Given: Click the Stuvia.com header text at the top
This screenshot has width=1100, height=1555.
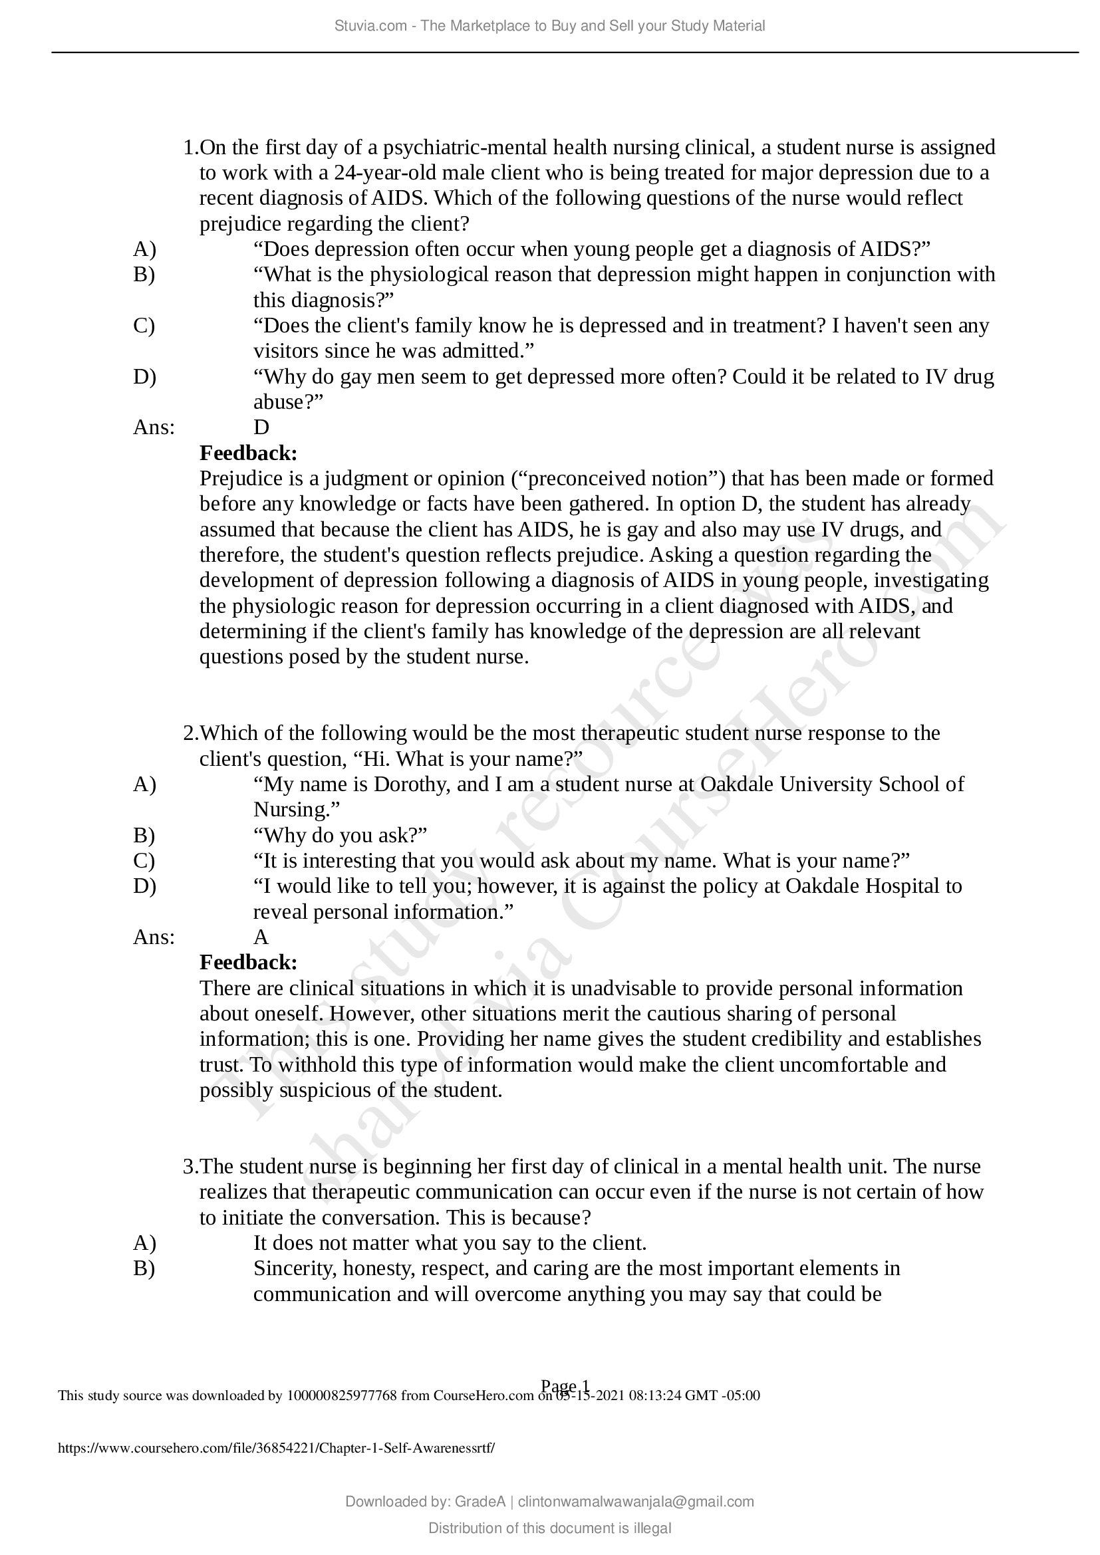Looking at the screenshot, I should [x=549, y=26].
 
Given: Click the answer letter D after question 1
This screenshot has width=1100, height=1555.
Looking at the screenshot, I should [x=261, y=427].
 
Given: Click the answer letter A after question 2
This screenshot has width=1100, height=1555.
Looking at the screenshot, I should [x=261, y=937].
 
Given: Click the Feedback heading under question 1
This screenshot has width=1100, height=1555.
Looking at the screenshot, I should [x=248, y=453].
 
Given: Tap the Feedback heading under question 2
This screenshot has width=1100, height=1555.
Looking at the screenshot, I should [x=248, y=963].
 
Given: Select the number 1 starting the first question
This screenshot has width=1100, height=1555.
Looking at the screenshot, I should [x=189, y=148].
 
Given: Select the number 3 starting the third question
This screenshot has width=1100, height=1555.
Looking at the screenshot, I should [x=189, y=1167].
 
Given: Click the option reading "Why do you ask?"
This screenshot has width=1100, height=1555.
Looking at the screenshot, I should [x=340, y=835].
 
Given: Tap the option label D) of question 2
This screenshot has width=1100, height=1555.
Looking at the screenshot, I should [x=144, y=886].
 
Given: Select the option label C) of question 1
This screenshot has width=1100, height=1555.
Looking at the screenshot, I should [x=144, y=326].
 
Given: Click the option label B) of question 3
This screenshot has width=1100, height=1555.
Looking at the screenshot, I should [x=144, y=1268].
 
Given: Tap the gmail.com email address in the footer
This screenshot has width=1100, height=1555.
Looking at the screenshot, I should [x=635, y=1502].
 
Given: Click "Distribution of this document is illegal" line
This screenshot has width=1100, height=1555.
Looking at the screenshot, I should [x=549, y=1528].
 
